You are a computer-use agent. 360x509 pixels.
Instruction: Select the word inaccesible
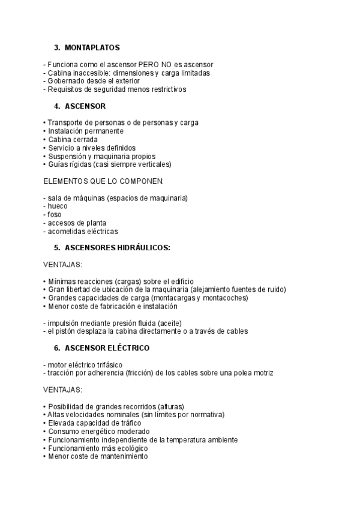[89, 73]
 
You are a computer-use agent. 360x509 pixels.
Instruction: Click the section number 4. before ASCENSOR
[57, 106]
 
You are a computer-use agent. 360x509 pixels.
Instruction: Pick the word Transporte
[67, 122]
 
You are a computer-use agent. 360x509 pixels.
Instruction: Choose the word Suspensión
[70, 156]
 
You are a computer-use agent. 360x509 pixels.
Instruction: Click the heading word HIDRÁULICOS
[142, 247]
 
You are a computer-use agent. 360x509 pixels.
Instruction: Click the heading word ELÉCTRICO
[130, 348]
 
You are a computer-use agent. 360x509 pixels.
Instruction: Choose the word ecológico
[131, 448]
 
